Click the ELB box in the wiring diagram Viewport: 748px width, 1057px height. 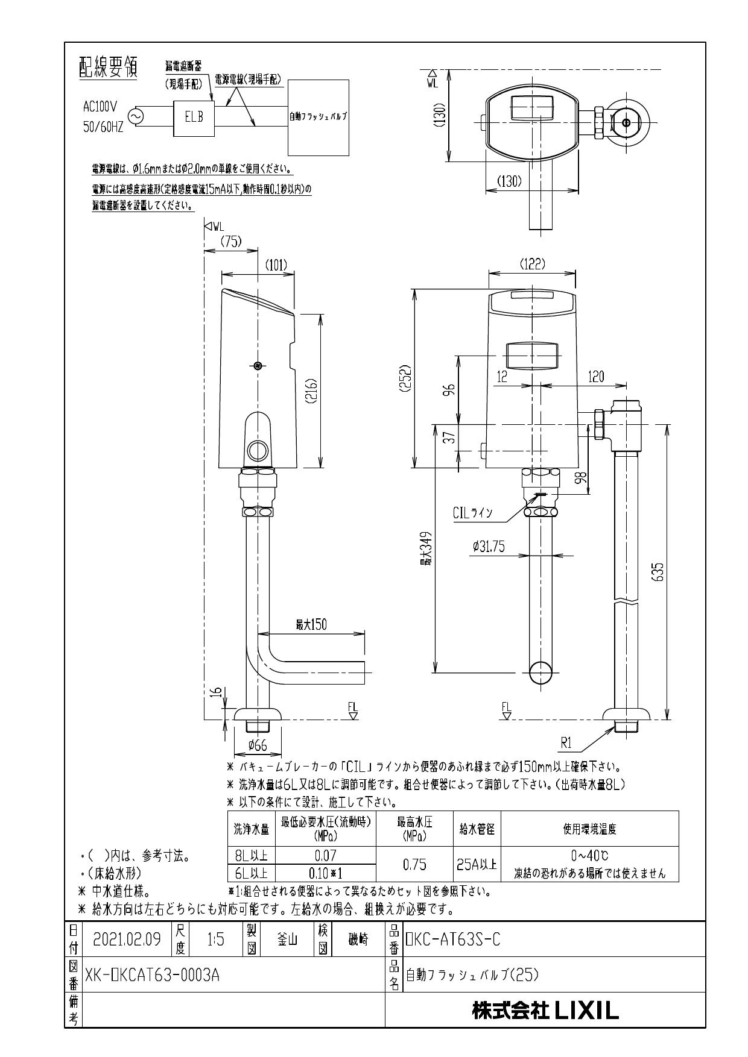(x=194, y=116)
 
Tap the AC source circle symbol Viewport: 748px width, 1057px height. (x=135, y=116)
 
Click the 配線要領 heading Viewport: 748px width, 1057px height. (x=108, y=68)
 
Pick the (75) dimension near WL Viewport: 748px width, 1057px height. (x=230, y=241)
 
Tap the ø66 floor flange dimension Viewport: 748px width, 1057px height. (x=258, y=745)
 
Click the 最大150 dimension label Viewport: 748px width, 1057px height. (x=311, y=625)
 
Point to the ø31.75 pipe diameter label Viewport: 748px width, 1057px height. (x=489, y=547)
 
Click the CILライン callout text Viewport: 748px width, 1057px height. (x=472, y=513)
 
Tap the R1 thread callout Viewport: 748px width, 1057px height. (x=566, y=743)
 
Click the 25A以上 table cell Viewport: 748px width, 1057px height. (x=477, y=865)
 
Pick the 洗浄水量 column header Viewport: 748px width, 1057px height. (x=252, y=829)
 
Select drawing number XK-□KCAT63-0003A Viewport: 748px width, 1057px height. (x=153, y=975)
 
